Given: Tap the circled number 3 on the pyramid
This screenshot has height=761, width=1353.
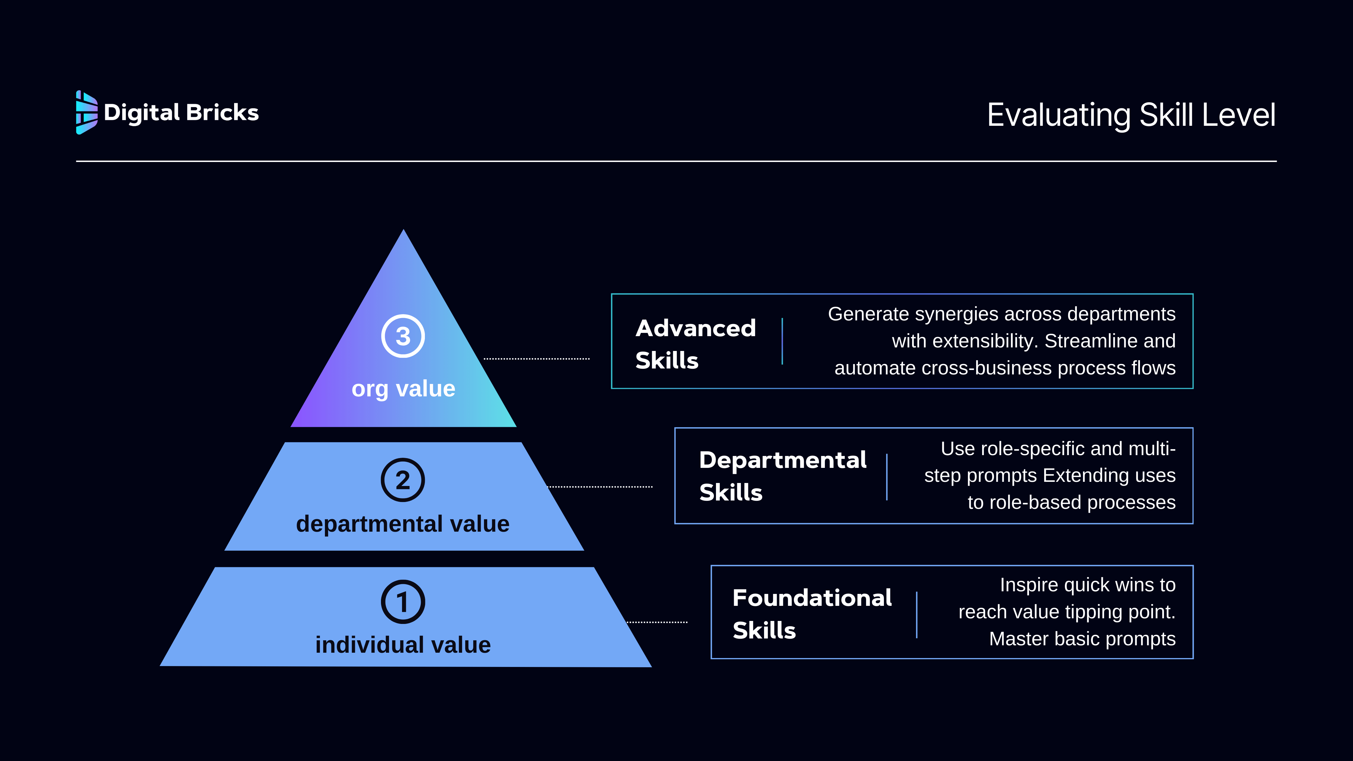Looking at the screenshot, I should [403, 336].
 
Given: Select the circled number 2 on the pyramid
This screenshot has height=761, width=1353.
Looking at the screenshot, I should [403, 480].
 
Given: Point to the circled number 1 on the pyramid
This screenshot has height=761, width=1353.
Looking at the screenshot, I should [403, 602].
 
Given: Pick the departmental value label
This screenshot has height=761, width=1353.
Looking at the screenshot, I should [403, 524].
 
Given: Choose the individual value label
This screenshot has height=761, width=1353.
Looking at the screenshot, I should [403, 645].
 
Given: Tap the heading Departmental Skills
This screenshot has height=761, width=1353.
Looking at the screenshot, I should [782, 476].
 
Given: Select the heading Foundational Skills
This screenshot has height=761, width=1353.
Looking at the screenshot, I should [812, 614].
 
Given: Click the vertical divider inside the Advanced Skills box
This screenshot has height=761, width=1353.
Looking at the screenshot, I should [782, 341].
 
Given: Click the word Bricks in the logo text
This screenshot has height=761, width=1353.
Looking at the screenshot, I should [222, 112].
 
